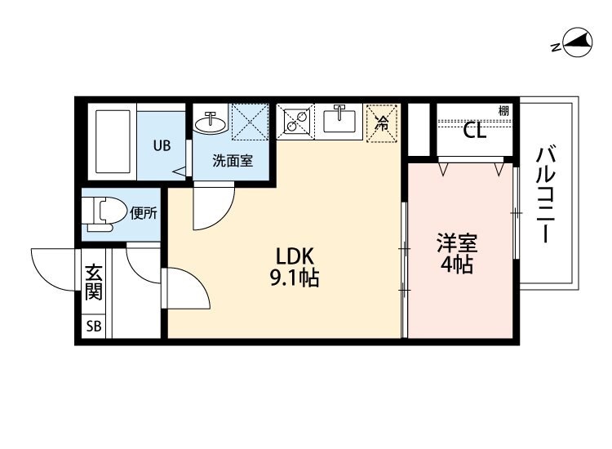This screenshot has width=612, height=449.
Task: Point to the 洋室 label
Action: pyautogui.click(x=456, y=243)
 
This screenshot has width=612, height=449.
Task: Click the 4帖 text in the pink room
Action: pyautogui.click(x=456, y=266)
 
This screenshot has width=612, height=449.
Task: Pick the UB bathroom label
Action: pyautogui.click(x=162, y=146)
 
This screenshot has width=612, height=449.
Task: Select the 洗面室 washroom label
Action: pyautogui.click(x=233, y=161)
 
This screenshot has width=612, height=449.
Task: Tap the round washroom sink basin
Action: pyautogui.click(x=211, y=122)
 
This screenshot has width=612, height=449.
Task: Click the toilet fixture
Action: pyautogui.click(x=105, y=213)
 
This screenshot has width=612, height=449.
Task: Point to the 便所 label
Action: pyautogui.click(x=144, y=214)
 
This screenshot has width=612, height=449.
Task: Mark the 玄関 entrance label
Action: pyautogui.click(x=94, y=282)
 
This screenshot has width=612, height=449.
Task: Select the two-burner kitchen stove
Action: pyautogui.click(x=295, y=122)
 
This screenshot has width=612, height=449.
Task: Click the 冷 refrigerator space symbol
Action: pyautogui.click(x=381, y=123)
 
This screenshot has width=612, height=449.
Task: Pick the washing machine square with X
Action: pyautogui.click(x=251, y=122)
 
